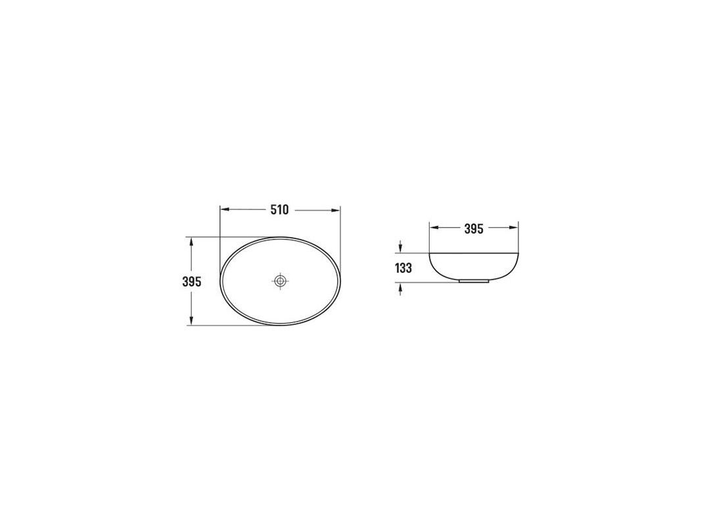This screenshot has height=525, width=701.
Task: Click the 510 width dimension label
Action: pos(280,209)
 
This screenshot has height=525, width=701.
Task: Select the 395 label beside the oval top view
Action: pos(192,282)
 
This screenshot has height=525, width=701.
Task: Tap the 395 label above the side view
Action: pos(474,228)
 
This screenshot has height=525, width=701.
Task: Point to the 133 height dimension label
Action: pos(403,268)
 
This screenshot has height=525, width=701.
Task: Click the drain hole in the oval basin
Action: pos(281,281)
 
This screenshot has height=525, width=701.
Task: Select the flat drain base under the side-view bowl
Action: pos(474,282)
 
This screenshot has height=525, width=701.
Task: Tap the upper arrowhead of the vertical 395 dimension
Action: pos(191,241)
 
